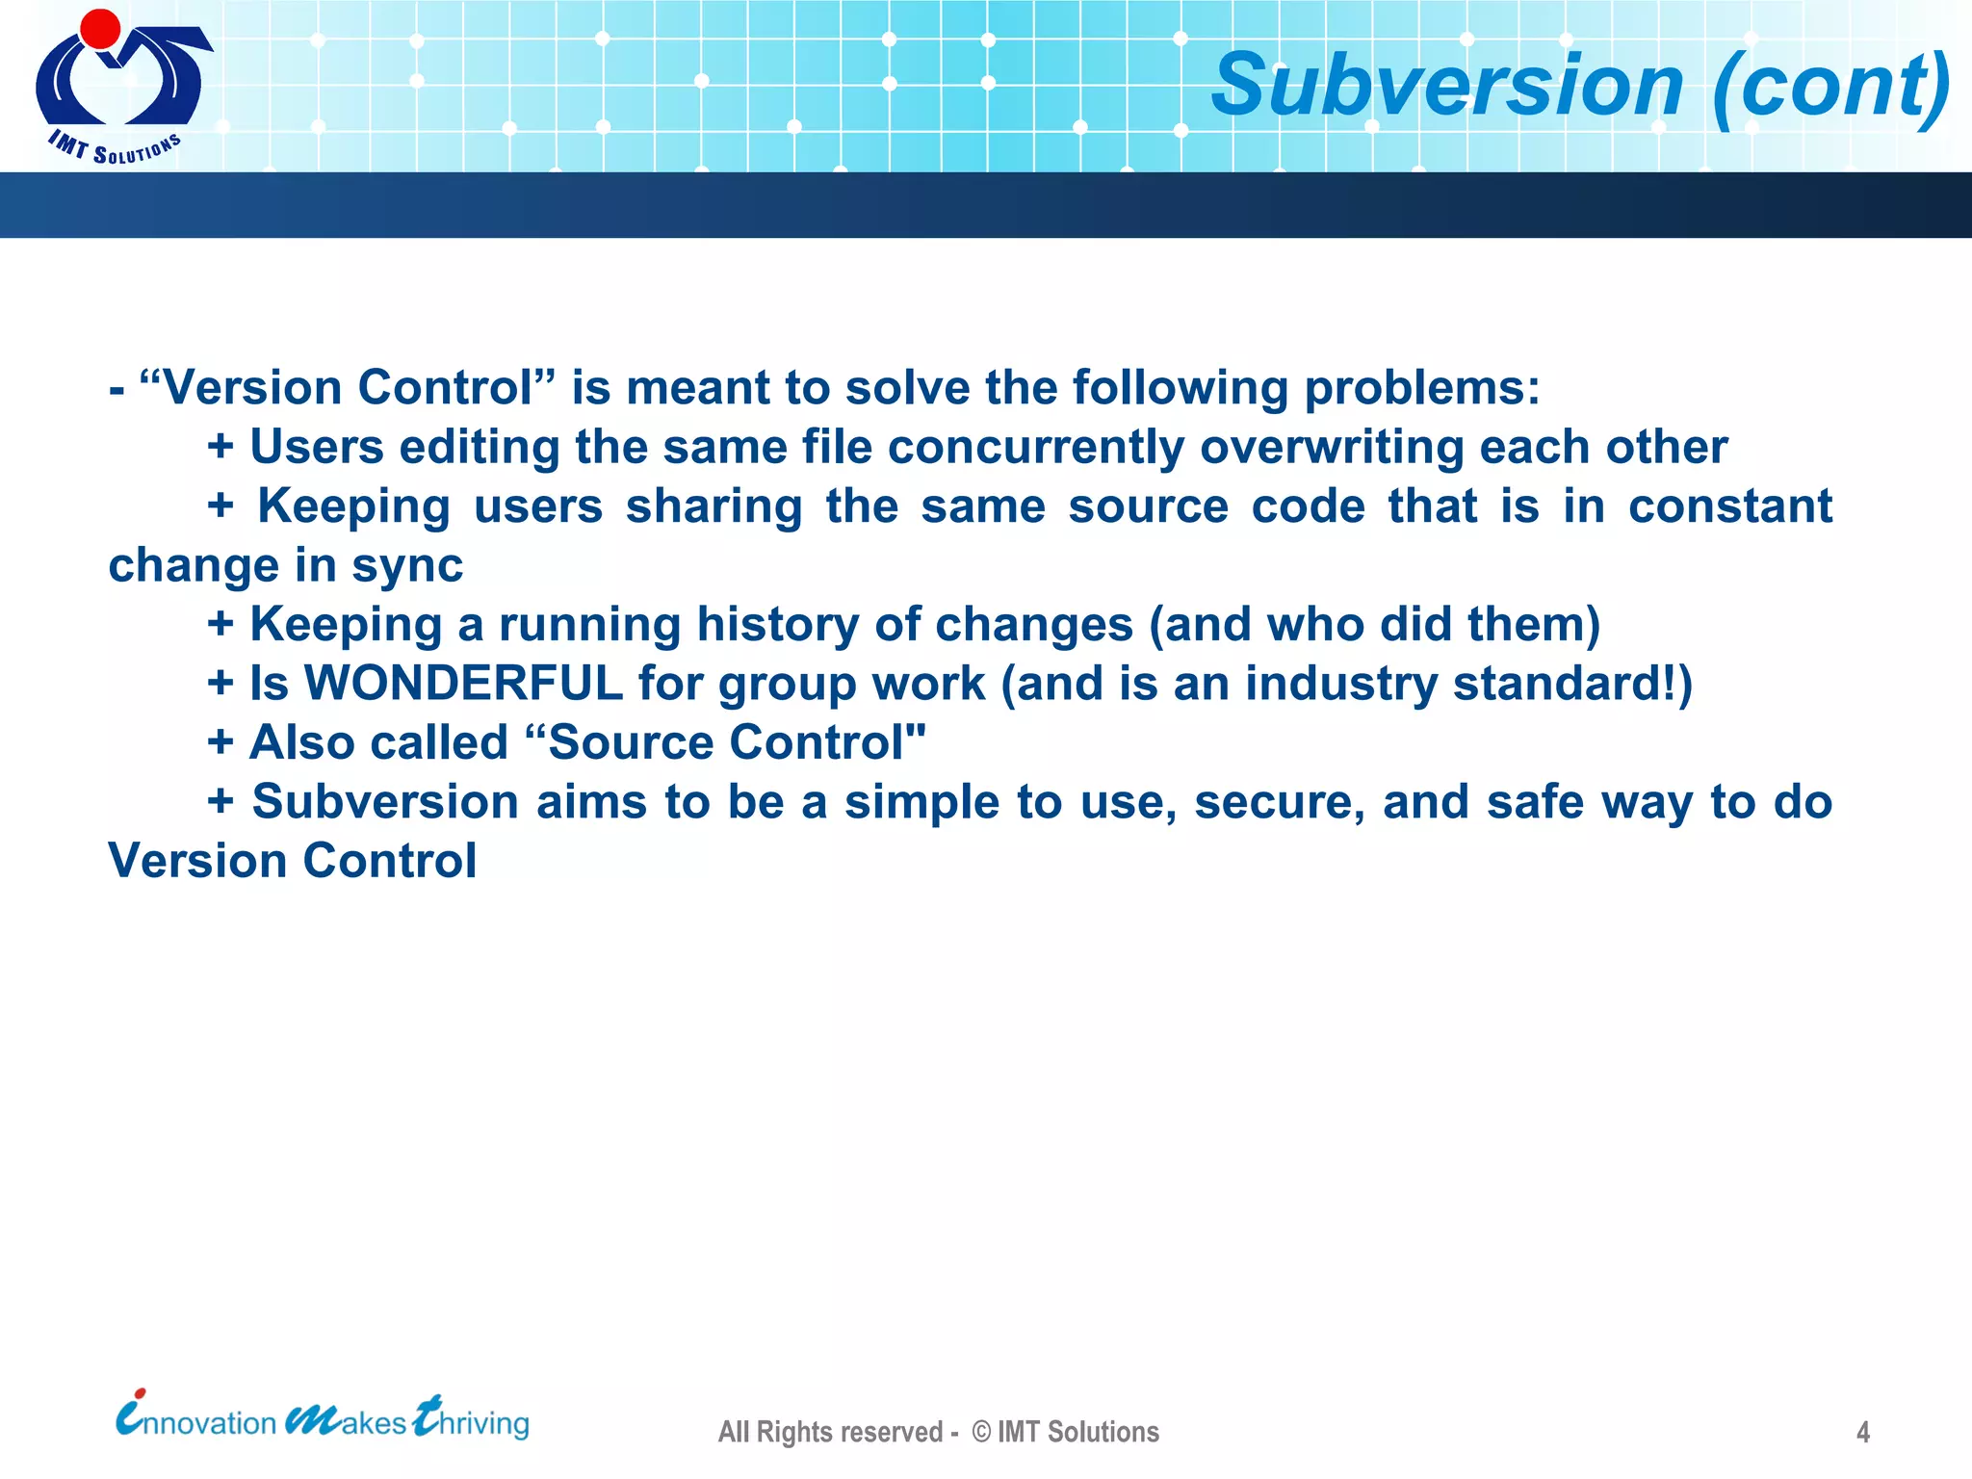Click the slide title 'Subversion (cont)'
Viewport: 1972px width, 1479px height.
(1579, 87)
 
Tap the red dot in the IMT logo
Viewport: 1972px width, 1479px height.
(100, 29)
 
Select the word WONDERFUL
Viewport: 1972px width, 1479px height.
(463, 684)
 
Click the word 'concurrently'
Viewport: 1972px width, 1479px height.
(1035, 448)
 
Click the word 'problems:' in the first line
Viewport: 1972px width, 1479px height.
(1421, 388)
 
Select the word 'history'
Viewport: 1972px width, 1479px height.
(776, 625)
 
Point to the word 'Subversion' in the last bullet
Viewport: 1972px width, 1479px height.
(385, 802)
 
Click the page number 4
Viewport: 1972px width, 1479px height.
(1863, 1433)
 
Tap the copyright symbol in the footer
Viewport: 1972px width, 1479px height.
(981, 1432)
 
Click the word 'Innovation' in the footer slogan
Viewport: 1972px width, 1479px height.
(196, 1421)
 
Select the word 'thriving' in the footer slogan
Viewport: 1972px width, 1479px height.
(472, 1421)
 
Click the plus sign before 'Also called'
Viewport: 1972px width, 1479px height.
(221, 742)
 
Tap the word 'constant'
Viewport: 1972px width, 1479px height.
(1729, 506)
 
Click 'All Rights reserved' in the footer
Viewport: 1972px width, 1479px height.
(830, 1432)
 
